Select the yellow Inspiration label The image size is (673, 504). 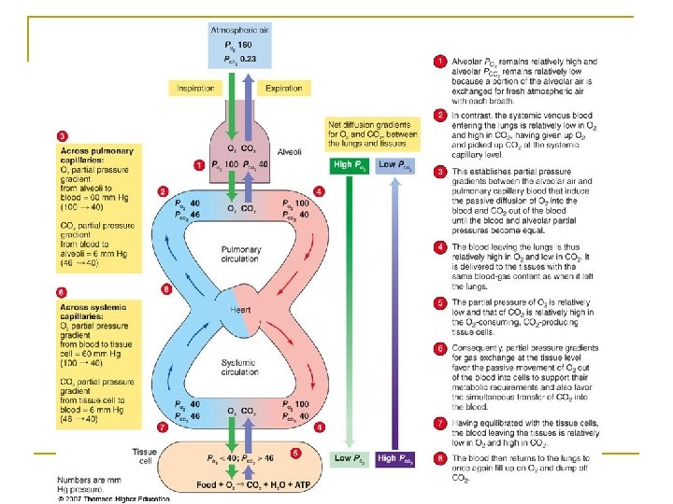click(x=194, y=89)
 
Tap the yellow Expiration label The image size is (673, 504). click(x=283, y=89)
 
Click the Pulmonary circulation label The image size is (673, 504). click(x=241, y=254)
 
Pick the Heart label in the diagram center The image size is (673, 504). click(x=240, y=310)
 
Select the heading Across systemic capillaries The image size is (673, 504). click(x=96, y=311)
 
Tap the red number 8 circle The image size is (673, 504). click(x=439, y=459)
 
